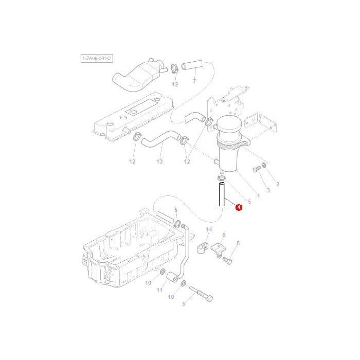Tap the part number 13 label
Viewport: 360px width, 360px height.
[x=160, y=162]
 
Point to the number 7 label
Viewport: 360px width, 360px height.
[x=194, y=81]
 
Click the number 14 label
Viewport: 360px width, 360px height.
[x=208, y=229]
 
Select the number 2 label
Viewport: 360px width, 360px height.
[x=277, y=184]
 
